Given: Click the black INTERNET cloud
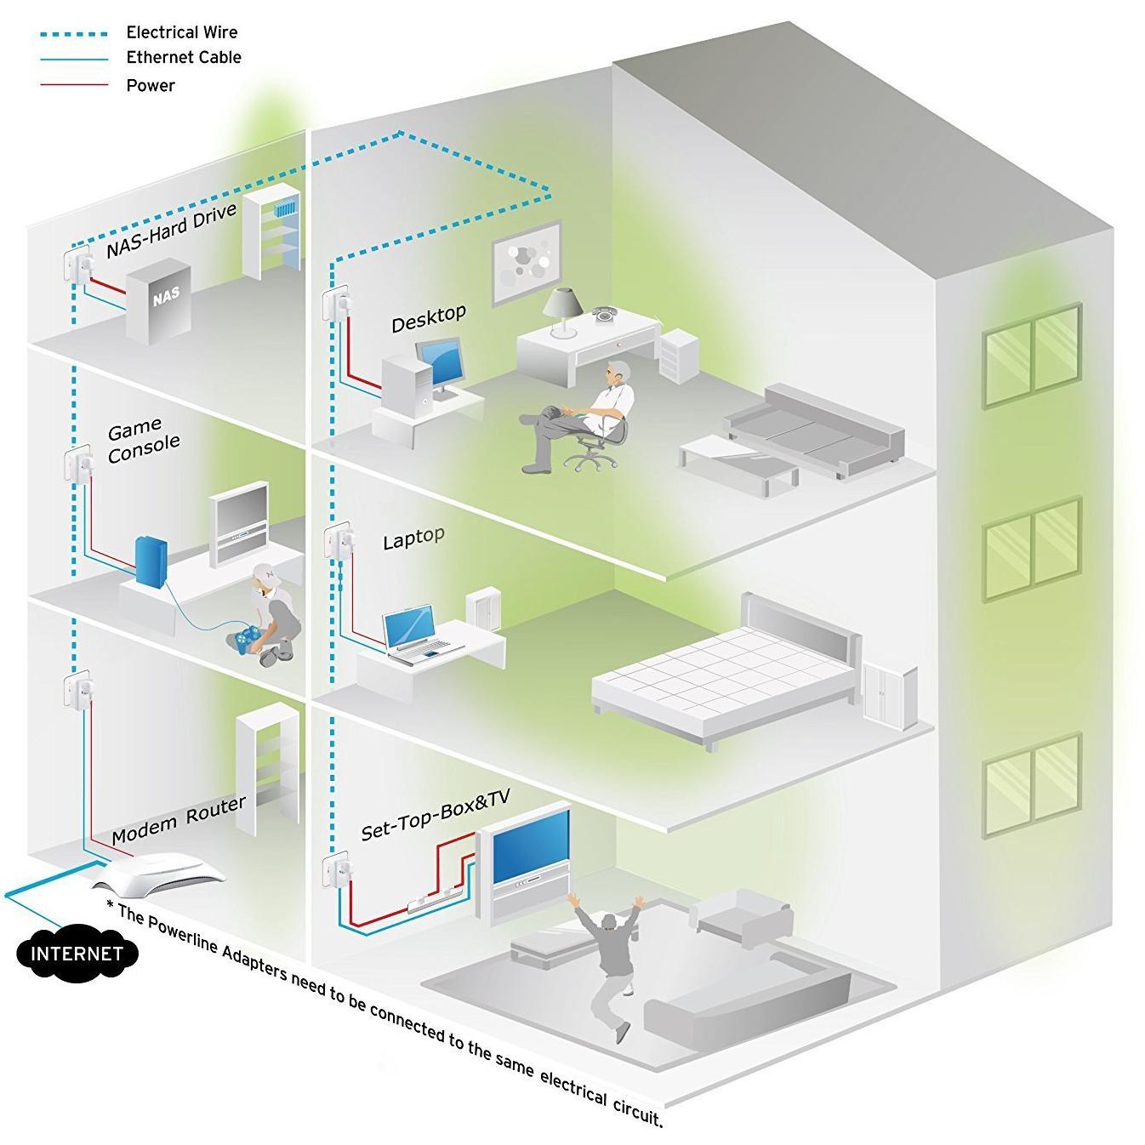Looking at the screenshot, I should tap(77, 953).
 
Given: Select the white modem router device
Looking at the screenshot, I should tap(161, 876).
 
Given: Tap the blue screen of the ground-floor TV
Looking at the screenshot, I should tap(531, 848).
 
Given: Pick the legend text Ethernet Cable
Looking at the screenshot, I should tap(184, 58).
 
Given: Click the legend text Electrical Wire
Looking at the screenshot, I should tap(182, 32).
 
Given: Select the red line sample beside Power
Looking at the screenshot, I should tap(75, 85).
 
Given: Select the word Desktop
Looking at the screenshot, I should tap(429, 318).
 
